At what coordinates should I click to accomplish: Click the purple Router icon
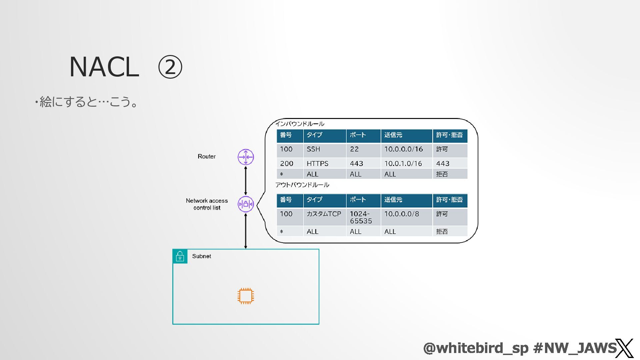click(246, 157)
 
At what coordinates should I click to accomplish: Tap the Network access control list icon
click(246, 204)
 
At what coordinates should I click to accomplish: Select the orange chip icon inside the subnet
click(246, 296)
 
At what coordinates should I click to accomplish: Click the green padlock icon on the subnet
click(180, 256)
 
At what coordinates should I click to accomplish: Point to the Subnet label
click(201, 256)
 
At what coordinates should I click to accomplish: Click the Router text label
click(206, 156)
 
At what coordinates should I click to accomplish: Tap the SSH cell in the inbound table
click(313, 149)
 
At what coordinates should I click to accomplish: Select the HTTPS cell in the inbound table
click(317, 164)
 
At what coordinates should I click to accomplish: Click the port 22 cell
click(354, 149)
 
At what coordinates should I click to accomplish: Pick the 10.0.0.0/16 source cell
click(403, 149)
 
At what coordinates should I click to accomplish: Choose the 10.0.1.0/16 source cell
click(403, 164)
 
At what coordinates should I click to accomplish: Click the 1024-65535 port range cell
click(361, 217)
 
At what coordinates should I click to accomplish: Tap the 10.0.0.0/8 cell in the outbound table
click(402, 214)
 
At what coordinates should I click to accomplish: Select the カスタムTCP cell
click(324, 214)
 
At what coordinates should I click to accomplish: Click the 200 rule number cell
click(287, 164)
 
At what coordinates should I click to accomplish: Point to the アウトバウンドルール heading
click(302, 185)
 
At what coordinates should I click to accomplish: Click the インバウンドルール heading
click(300, 124)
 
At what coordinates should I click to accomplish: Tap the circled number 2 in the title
click(170, 67)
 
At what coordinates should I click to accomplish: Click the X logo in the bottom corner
click(624, 348)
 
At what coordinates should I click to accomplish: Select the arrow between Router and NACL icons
click(246, 180)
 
